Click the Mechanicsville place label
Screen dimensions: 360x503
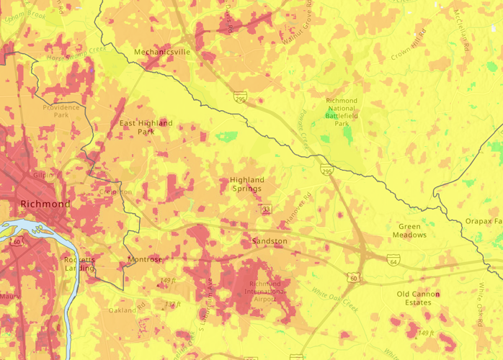(162, 52)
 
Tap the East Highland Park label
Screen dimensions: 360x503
(146, 127)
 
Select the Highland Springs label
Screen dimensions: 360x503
(247, 184)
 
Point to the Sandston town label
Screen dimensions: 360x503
(270, 240)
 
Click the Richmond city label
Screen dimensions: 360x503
(45, 204)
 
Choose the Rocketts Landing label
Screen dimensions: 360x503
(78, 264)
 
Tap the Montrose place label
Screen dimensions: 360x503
(143, 258)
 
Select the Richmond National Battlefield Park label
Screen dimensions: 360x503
(342, 112)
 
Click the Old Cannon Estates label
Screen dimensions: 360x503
(424, 298)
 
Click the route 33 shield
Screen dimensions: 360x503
(266, 209)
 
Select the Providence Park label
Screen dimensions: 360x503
(61, 111)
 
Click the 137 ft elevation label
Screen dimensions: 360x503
(172, 305)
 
